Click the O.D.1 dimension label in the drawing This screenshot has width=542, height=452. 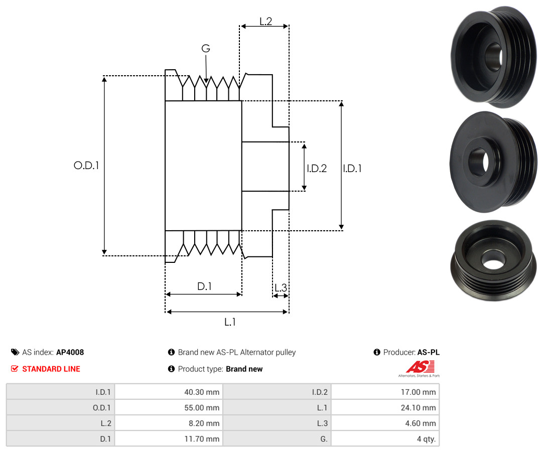click(x=86, y=166)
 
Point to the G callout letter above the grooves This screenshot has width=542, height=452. click(x=206, y=48)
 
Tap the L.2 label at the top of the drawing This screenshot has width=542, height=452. click(x=266, y=22)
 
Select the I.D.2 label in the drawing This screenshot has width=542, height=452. click(x=317, y=168)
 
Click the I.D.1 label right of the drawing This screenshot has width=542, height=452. click(x=352, y=168)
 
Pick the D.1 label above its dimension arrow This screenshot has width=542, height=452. click(x=204, y=286)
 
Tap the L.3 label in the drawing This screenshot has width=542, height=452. click(x=281, y=287)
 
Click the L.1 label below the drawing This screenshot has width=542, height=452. click(x=230, y=322)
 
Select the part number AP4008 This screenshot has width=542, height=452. click(x=70, y=352)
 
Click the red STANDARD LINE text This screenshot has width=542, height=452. click(x=51, y=369)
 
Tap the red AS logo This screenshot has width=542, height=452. click(x=420, y=367)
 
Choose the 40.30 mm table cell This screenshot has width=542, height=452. click(x=169, y=392)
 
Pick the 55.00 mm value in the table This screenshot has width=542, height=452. click(x=169, y=407)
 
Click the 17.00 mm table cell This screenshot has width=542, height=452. click(x=385, y=392)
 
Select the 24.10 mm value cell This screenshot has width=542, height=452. click(x=385, y=407)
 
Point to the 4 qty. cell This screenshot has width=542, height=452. click(x=385, y=438)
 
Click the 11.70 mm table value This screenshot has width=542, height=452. click(x=169, y=438)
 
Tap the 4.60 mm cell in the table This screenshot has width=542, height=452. click(x=385, y=423)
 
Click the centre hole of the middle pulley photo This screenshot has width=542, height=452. click(x=479, y=162)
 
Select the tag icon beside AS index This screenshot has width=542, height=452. click(x=15, y=352)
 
